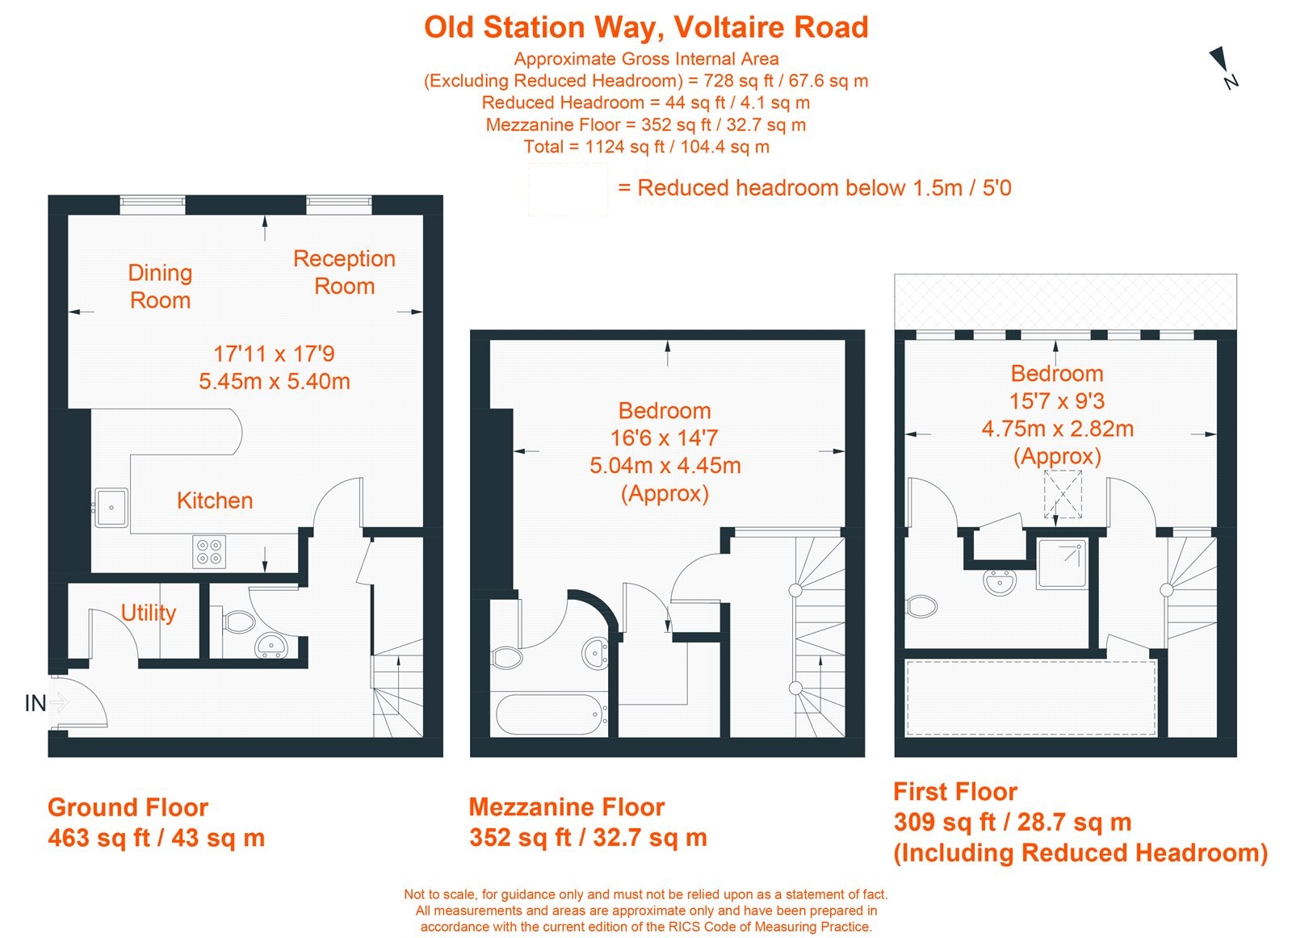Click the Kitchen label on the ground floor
(x=215, y=500)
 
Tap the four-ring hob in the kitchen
(x=209, y=552)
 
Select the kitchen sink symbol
(x=111, y=507)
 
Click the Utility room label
(x=149, y=613)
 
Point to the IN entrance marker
(x=36, y=703)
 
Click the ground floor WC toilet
(x=237, y=622)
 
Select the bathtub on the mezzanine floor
(x=552, y=714)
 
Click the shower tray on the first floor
(x=1063, y=563)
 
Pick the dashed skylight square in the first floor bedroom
(x=1063, y=494)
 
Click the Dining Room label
(x=160, y=287)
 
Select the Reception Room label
(x=344, y=272)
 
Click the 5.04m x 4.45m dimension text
(x=665, y=466)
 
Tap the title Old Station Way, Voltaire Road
(x=646, y=27)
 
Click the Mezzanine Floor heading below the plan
(x=566, y=807)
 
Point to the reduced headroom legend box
(x=568, y=189)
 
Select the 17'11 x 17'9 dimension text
(x=274, y=354)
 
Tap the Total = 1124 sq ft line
(x=646, y=147)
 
